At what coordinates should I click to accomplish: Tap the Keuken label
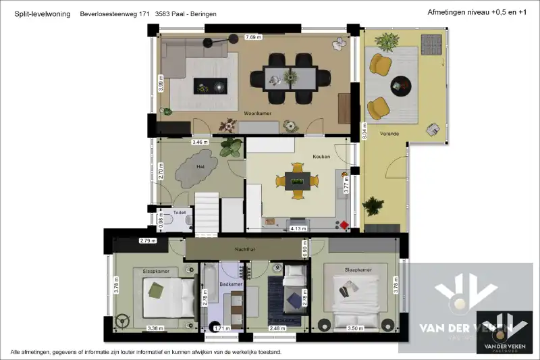(x=321, y=156)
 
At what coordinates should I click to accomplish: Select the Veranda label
(x=389, y=133)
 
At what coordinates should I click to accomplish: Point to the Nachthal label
(x=244, y=249)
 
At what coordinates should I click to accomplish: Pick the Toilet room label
(x=180, y=212)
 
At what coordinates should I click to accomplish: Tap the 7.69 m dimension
(x=254, y=36)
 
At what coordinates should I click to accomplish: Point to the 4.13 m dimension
(x=298, y=228)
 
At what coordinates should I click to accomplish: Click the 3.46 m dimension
(x=199, y=143)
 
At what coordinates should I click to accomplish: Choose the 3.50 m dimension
(x=355, y=328)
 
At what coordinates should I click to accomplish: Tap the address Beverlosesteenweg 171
(x=114, y=14)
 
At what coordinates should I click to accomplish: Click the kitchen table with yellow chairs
(x=297, y=180)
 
